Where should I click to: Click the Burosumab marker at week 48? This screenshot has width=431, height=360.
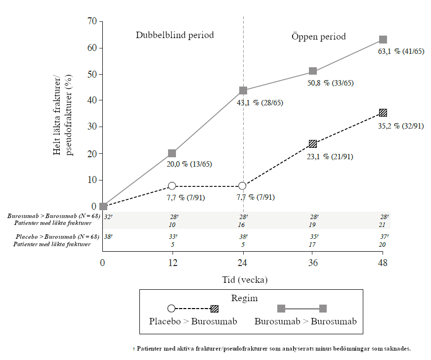tap(383, 40)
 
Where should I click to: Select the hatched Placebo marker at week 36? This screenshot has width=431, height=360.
tap(313, 144)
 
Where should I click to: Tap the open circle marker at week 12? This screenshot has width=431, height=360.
tap(172, 186)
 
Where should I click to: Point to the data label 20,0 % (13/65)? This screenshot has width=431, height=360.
tap(189, 164)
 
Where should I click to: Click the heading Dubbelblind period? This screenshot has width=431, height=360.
tap(175, 35)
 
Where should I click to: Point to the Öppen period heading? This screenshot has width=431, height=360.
tap(319, 36)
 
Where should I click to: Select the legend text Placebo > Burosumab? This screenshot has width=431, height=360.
tap(193, 321)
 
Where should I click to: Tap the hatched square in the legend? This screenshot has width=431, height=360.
tap(215, 309)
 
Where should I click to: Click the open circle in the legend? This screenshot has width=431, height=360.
tap(172, 309)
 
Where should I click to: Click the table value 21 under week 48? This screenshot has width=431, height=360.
tap(382, 225)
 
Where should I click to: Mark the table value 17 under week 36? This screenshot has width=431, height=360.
tap(313, 244)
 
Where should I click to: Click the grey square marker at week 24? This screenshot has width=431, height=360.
tap(243, 90)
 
